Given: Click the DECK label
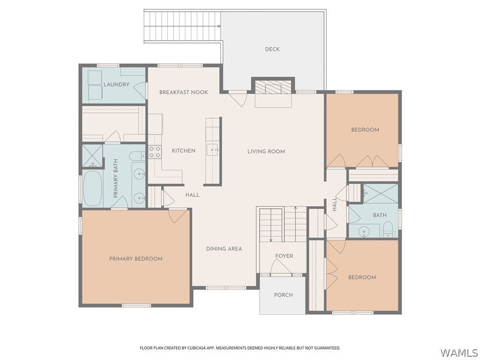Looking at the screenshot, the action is [x=272, y=49].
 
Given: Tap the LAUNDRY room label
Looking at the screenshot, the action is [x=116, y=84].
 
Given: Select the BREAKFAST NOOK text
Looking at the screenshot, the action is [x=183, y=92].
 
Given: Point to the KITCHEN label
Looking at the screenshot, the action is [x=183, y=150].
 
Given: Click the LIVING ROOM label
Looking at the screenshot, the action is [x=266, y=151].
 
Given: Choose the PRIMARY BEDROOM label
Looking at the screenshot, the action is [x=135, y=259].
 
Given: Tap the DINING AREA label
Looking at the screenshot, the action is [x=224, y=249].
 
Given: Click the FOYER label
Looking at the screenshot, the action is [x=284, y=256].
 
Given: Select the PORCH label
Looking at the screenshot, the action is [x=283, y=295].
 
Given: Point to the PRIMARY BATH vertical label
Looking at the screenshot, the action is [x=116, y=179].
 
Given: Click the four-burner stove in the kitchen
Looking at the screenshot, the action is [x=155, y=152].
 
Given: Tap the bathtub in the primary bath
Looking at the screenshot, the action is [x=92, y=188].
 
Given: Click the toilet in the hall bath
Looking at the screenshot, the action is [x=388, y=229].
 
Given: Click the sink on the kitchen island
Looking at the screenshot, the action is [x=213, y=150].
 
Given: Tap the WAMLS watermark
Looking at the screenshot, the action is [x=459, y=352].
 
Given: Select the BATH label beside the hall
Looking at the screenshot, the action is [x=380, y=215].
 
